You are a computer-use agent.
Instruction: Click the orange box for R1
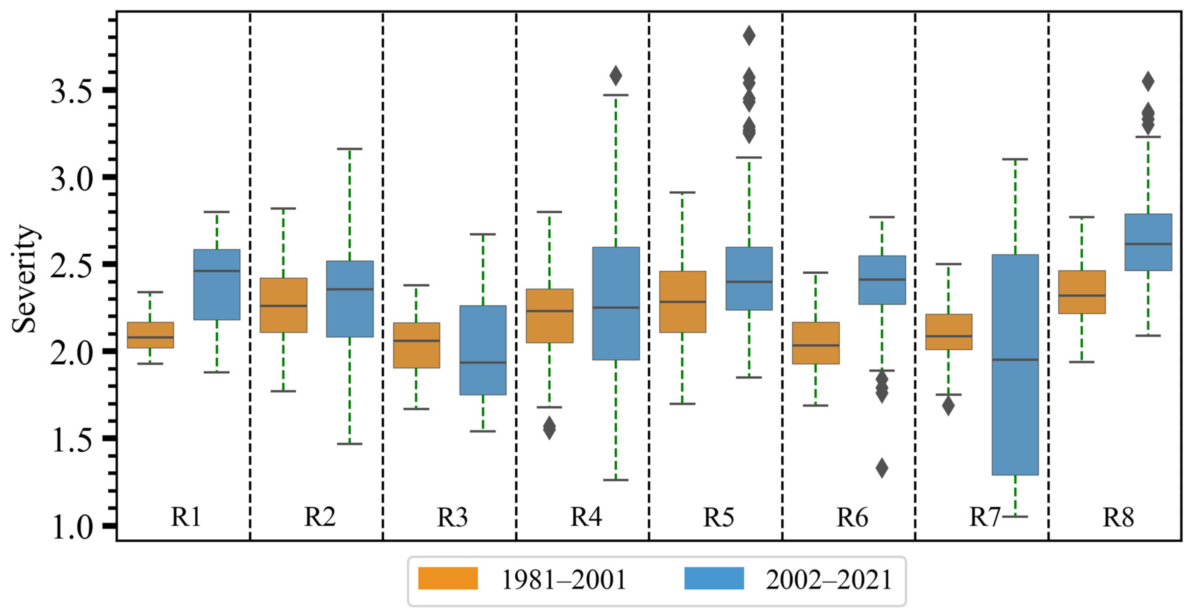coord(150,335)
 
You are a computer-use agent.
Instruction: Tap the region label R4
coord(586,517)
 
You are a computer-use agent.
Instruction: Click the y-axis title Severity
coord(24,279)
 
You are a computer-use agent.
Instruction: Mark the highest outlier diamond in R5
coord(749,36)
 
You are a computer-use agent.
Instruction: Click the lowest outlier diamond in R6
coord(882,468)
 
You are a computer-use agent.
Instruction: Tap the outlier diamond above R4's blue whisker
coord(615,75)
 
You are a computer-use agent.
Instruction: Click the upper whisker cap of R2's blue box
coord(350,149)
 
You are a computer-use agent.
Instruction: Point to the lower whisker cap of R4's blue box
coord(615,480)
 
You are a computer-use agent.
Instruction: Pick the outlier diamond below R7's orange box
coord(948,406)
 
